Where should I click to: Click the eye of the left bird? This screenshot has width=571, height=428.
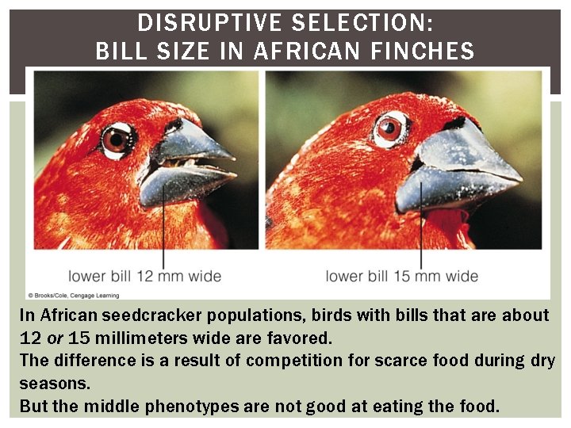(116, 139)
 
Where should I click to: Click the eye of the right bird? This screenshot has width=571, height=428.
(389, 128)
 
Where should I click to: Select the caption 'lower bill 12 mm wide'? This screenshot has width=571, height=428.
(144, 276)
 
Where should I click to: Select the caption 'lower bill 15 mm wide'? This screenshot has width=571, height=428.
(402, 276)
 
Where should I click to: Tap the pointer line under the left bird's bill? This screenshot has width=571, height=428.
(163, 230)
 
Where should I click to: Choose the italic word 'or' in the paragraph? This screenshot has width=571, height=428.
(55, 338)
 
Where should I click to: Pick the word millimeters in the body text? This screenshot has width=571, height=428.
(138, 338)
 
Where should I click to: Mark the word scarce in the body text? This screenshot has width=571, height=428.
(393, 361)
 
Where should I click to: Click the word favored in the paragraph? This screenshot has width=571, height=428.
(302, 338)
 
